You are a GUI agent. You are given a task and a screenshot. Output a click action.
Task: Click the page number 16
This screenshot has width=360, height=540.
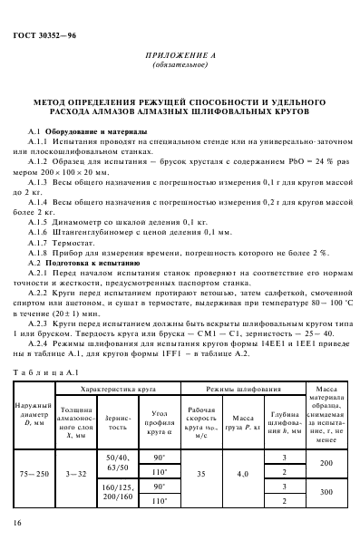pyautogui.click(x=17, y=524)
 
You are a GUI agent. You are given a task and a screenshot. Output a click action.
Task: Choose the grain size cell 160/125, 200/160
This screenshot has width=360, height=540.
pyautogui.click(x=118, y=470)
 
